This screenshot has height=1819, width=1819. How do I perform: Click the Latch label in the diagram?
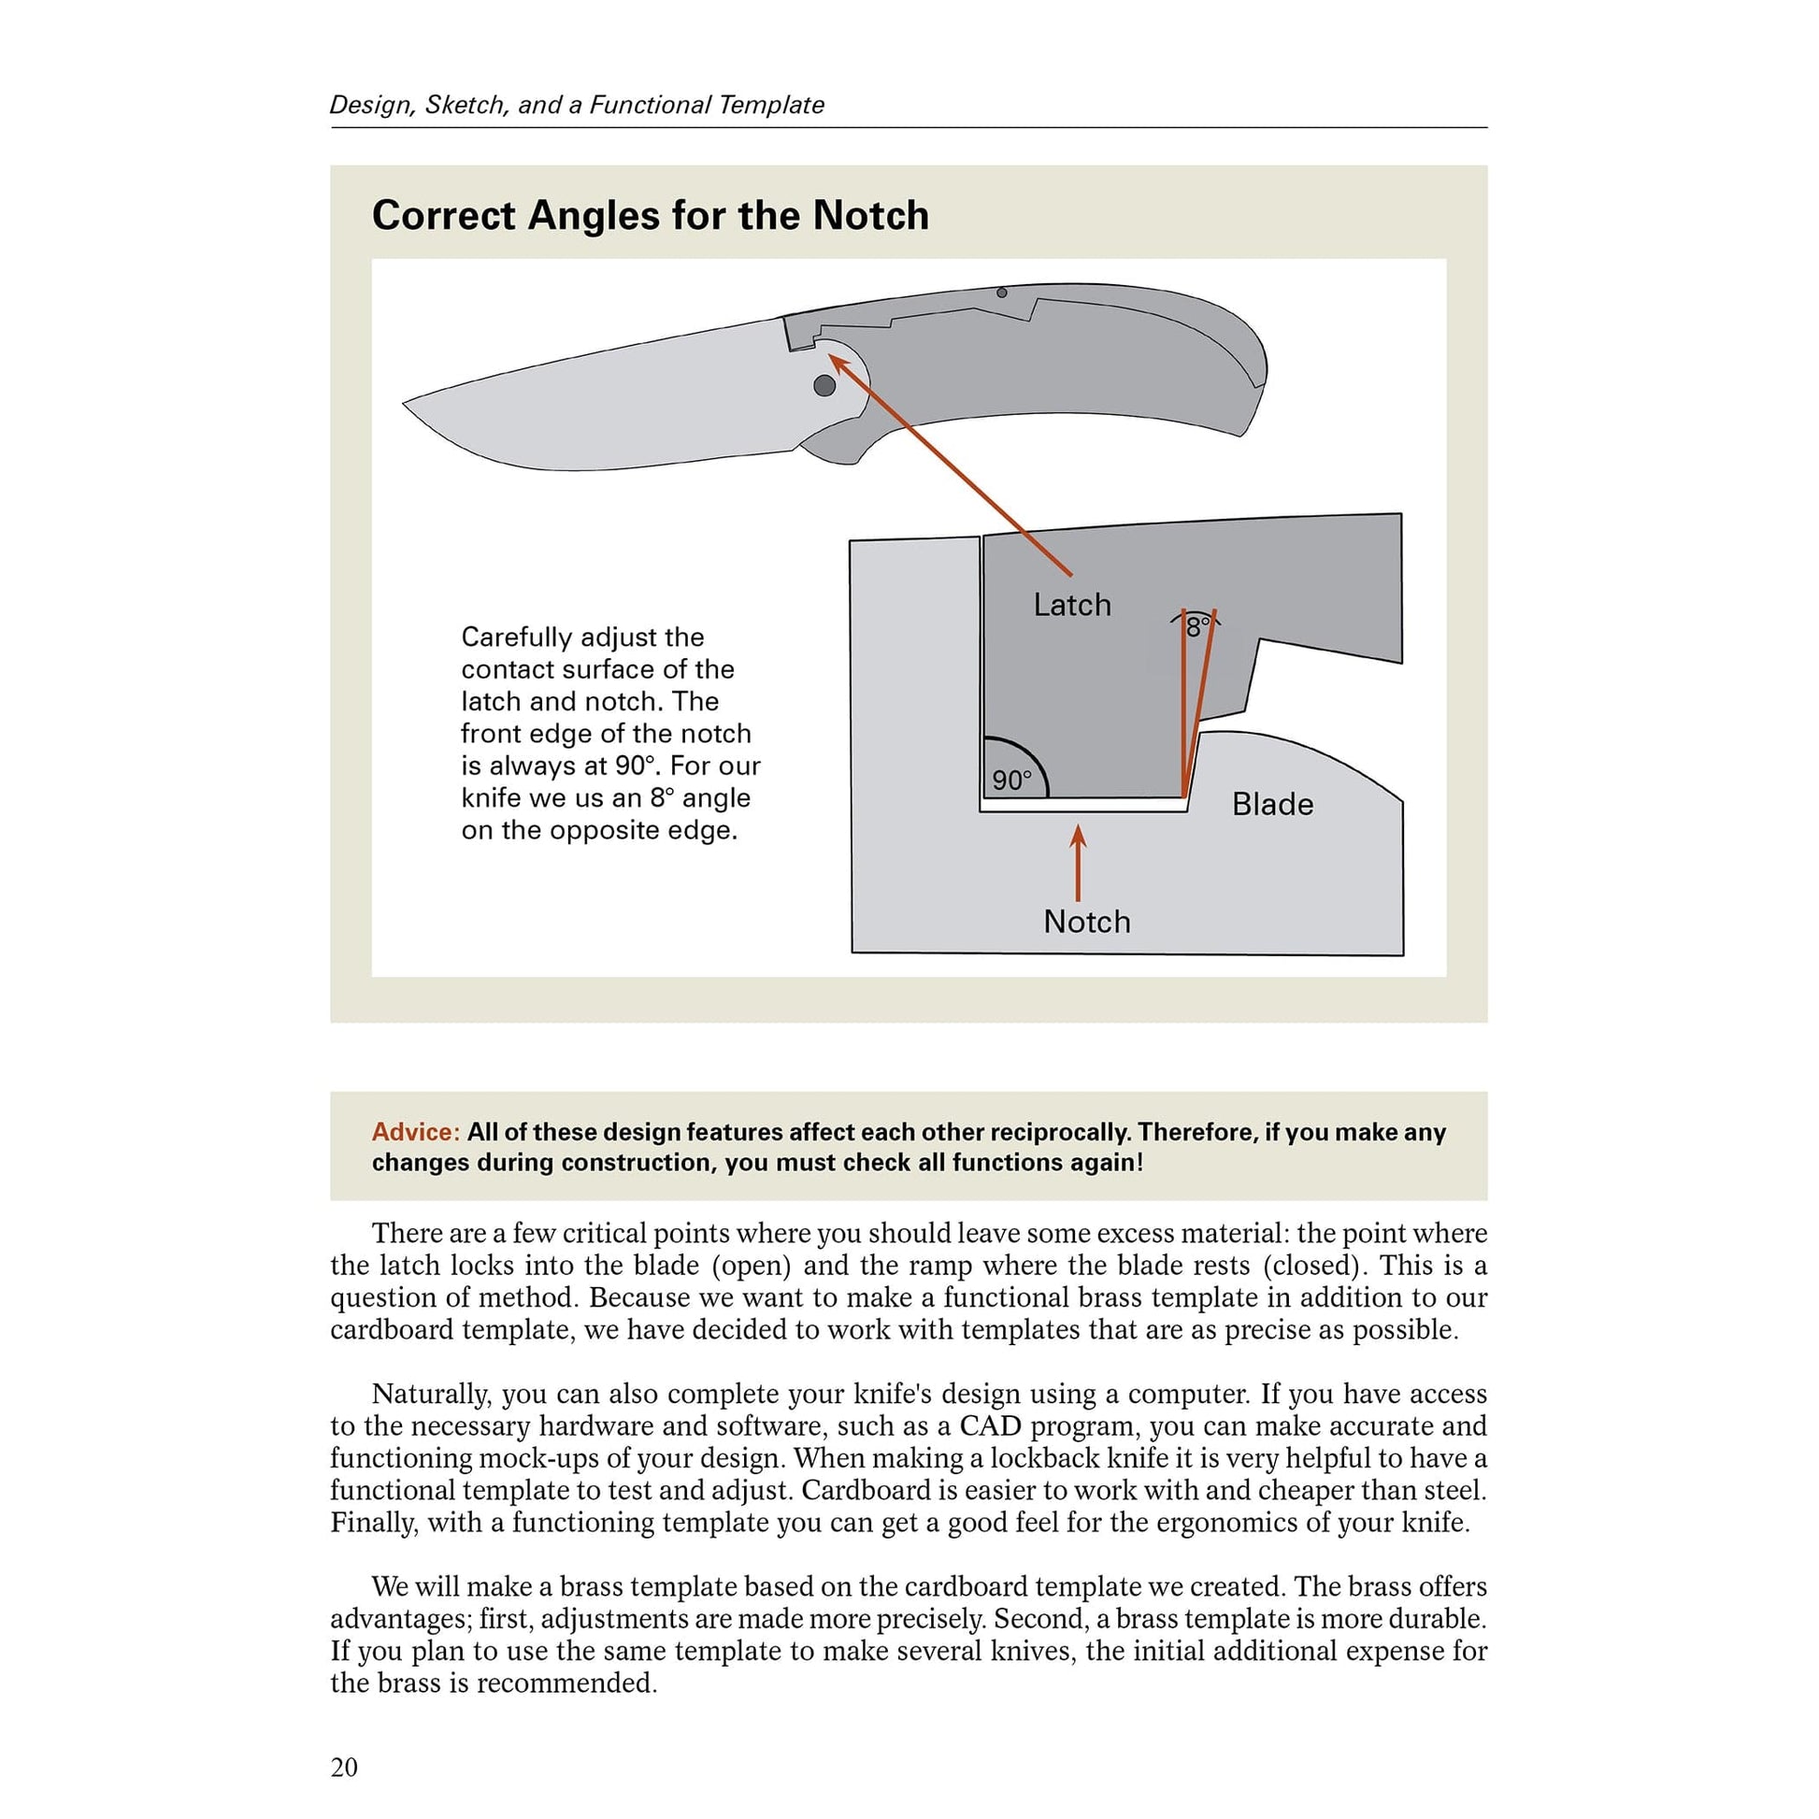pos(1071,605)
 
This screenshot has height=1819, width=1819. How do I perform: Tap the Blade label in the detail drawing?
pos(1272,804)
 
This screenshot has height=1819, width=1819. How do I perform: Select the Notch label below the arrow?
pos(1086,921)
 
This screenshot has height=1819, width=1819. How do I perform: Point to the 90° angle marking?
pos(1012,780)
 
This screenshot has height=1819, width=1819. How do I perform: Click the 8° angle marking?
pos(1196,627)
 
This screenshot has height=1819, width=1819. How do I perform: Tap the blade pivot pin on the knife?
pos(824,385)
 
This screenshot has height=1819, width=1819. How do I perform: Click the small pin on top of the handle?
pos(1002,293)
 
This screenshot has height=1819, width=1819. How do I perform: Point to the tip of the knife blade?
pos(405,404)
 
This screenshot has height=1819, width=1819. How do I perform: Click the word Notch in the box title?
pos(870,216)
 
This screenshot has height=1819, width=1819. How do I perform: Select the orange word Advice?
pos(415,1132)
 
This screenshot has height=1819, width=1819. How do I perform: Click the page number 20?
pos(344,1768)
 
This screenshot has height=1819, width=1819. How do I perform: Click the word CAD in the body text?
pos(990,1426)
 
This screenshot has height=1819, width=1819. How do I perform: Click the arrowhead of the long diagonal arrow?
pos(833,359)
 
